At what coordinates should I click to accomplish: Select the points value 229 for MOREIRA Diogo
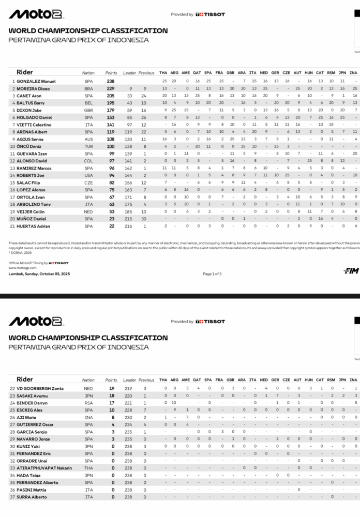pos(111,88)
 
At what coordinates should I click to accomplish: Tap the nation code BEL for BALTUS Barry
pos(88,103)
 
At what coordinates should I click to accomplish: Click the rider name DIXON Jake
pos(29,110)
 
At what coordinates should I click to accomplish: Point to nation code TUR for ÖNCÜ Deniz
pos(88,146)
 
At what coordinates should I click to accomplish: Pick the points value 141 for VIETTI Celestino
pos(111,125)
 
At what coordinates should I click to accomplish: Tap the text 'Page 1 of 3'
pos(213,273)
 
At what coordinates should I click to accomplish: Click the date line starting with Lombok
pos(39,273)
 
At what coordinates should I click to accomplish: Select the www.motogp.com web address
pos(20,268)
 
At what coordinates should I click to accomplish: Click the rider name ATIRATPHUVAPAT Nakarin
pos(44,468)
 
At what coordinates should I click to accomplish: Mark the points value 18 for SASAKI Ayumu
pos(111,396)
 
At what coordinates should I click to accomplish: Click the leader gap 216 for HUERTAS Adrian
pos(128,226)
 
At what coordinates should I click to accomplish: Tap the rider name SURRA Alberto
pos(32,497)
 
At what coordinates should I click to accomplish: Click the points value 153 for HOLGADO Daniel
pos(111,117)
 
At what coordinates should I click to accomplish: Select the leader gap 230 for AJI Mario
pos(128,417)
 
